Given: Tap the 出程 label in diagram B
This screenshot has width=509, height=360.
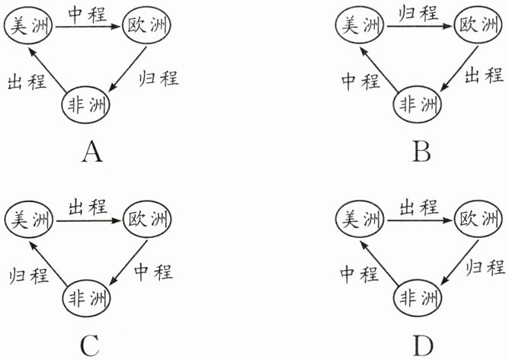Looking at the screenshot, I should pos(485,75).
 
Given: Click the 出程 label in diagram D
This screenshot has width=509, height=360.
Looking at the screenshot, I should pos(419,206).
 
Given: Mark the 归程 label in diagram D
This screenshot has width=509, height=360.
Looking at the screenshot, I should pos(485,268).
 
